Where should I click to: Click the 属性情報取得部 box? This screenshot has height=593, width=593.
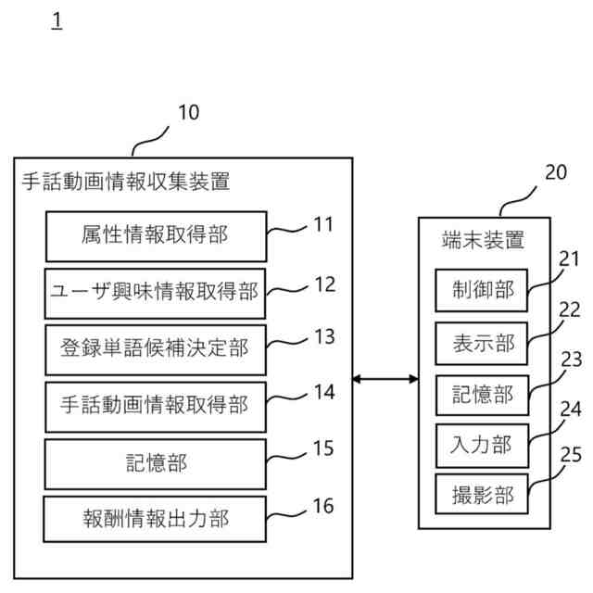(155, 236)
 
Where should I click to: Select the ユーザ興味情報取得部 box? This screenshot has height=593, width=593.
(155, 293)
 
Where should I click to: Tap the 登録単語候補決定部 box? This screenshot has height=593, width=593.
(155, 349)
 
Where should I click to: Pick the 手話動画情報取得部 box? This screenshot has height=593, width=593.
(155, 406)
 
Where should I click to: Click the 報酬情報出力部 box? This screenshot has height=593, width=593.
(155, 519)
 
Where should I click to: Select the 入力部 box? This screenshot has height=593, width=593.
(482, 445)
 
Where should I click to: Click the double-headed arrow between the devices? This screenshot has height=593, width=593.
(385, 378)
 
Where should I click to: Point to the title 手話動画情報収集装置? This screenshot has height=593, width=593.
(127, 182)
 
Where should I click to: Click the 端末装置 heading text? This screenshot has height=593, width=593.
(482, 240)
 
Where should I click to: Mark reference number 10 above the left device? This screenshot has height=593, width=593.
(188, 113)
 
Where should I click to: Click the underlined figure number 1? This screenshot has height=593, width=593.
(57, 19)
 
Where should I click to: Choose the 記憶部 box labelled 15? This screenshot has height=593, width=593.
(155, 462)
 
